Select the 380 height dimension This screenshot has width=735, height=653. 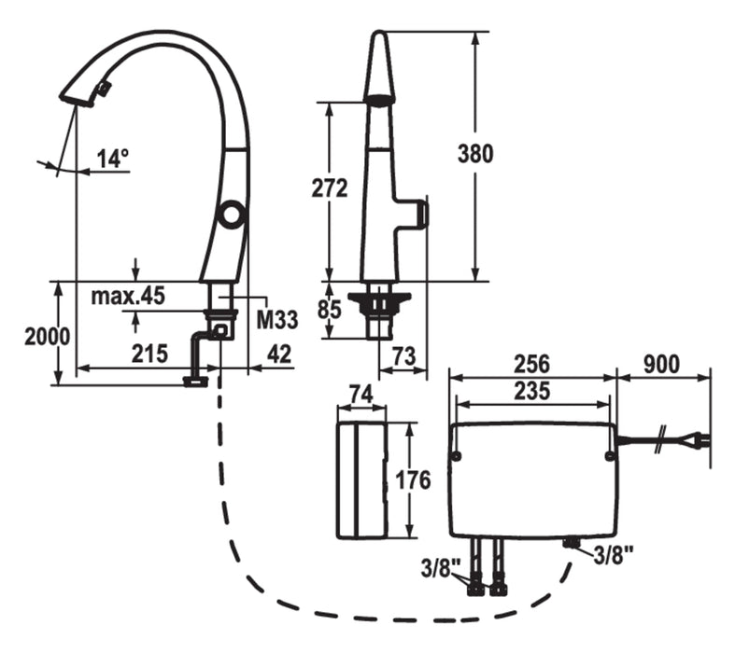pyautogui.click(x=475, y=153)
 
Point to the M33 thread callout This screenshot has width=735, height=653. pyautogui.click(x=276, y=320)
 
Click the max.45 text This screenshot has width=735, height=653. pyautogui.click(x=128, y=297)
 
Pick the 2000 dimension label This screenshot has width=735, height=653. pyautogui.click(x=48, y=337)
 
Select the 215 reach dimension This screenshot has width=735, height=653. pyautogui.click(x=149, y=354)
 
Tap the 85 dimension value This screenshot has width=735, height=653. pyautogui.click(x=329, y=308)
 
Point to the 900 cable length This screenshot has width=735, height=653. pyautogui.click(x=661, y=363)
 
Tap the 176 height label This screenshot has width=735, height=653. pyautogui.click(x=412, y=480)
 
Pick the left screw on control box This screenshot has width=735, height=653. pyautogui.click(x=455, y=456)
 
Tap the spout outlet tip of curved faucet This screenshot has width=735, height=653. pyautogui.click(x=75, y=98)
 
